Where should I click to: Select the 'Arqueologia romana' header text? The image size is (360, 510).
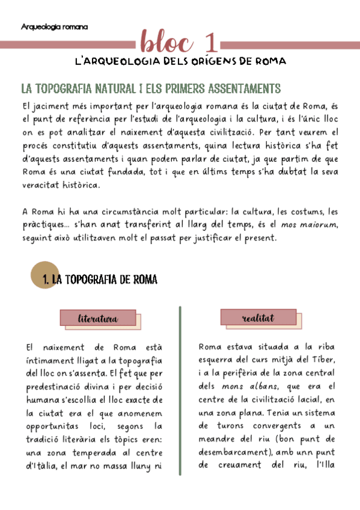(54, 27)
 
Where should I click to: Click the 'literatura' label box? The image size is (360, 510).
(98, 318)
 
